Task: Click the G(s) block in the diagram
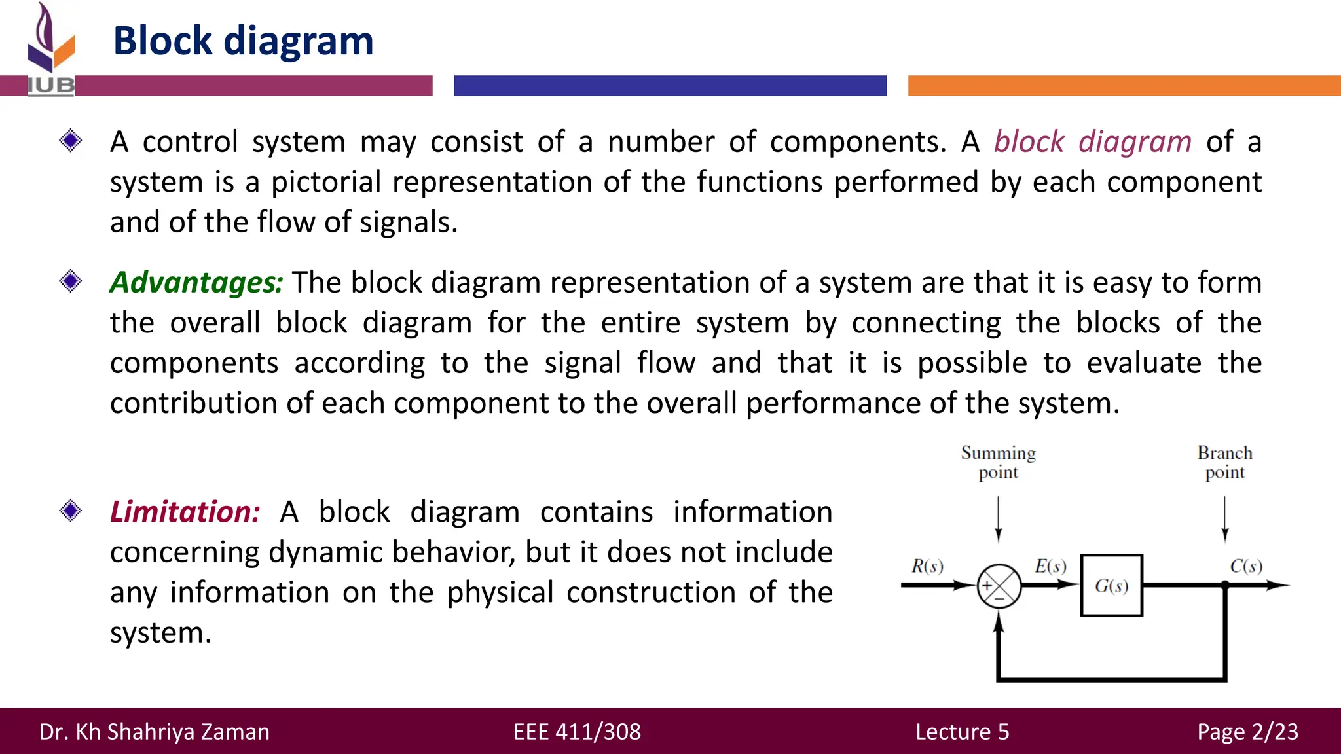tap(1111, 585)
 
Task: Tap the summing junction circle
tap(999, 586)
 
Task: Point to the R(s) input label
tap(927, 566)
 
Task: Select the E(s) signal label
tap(1050, 566)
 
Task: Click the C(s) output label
tap(1245, 566)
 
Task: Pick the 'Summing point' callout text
tap(998, 462)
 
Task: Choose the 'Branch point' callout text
tap(1224, 462)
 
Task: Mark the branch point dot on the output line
tap(1224, 585)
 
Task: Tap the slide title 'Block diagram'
tap(243, 41)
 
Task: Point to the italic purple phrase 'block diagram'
tap(1092, 141)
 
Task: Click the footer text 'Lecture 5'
tap(962, 731)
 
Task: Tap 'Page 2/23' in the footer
tap(1247, 731)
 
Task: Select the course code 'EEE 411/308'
tap(577, 731)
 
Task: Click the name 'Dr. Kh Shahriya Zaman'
tap(155, 731)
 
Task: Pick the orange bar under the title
tap(1124, 86)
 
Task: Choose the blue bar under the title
tap(670, 86)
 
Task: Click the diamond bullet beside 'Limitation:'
tap(71, 511)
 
